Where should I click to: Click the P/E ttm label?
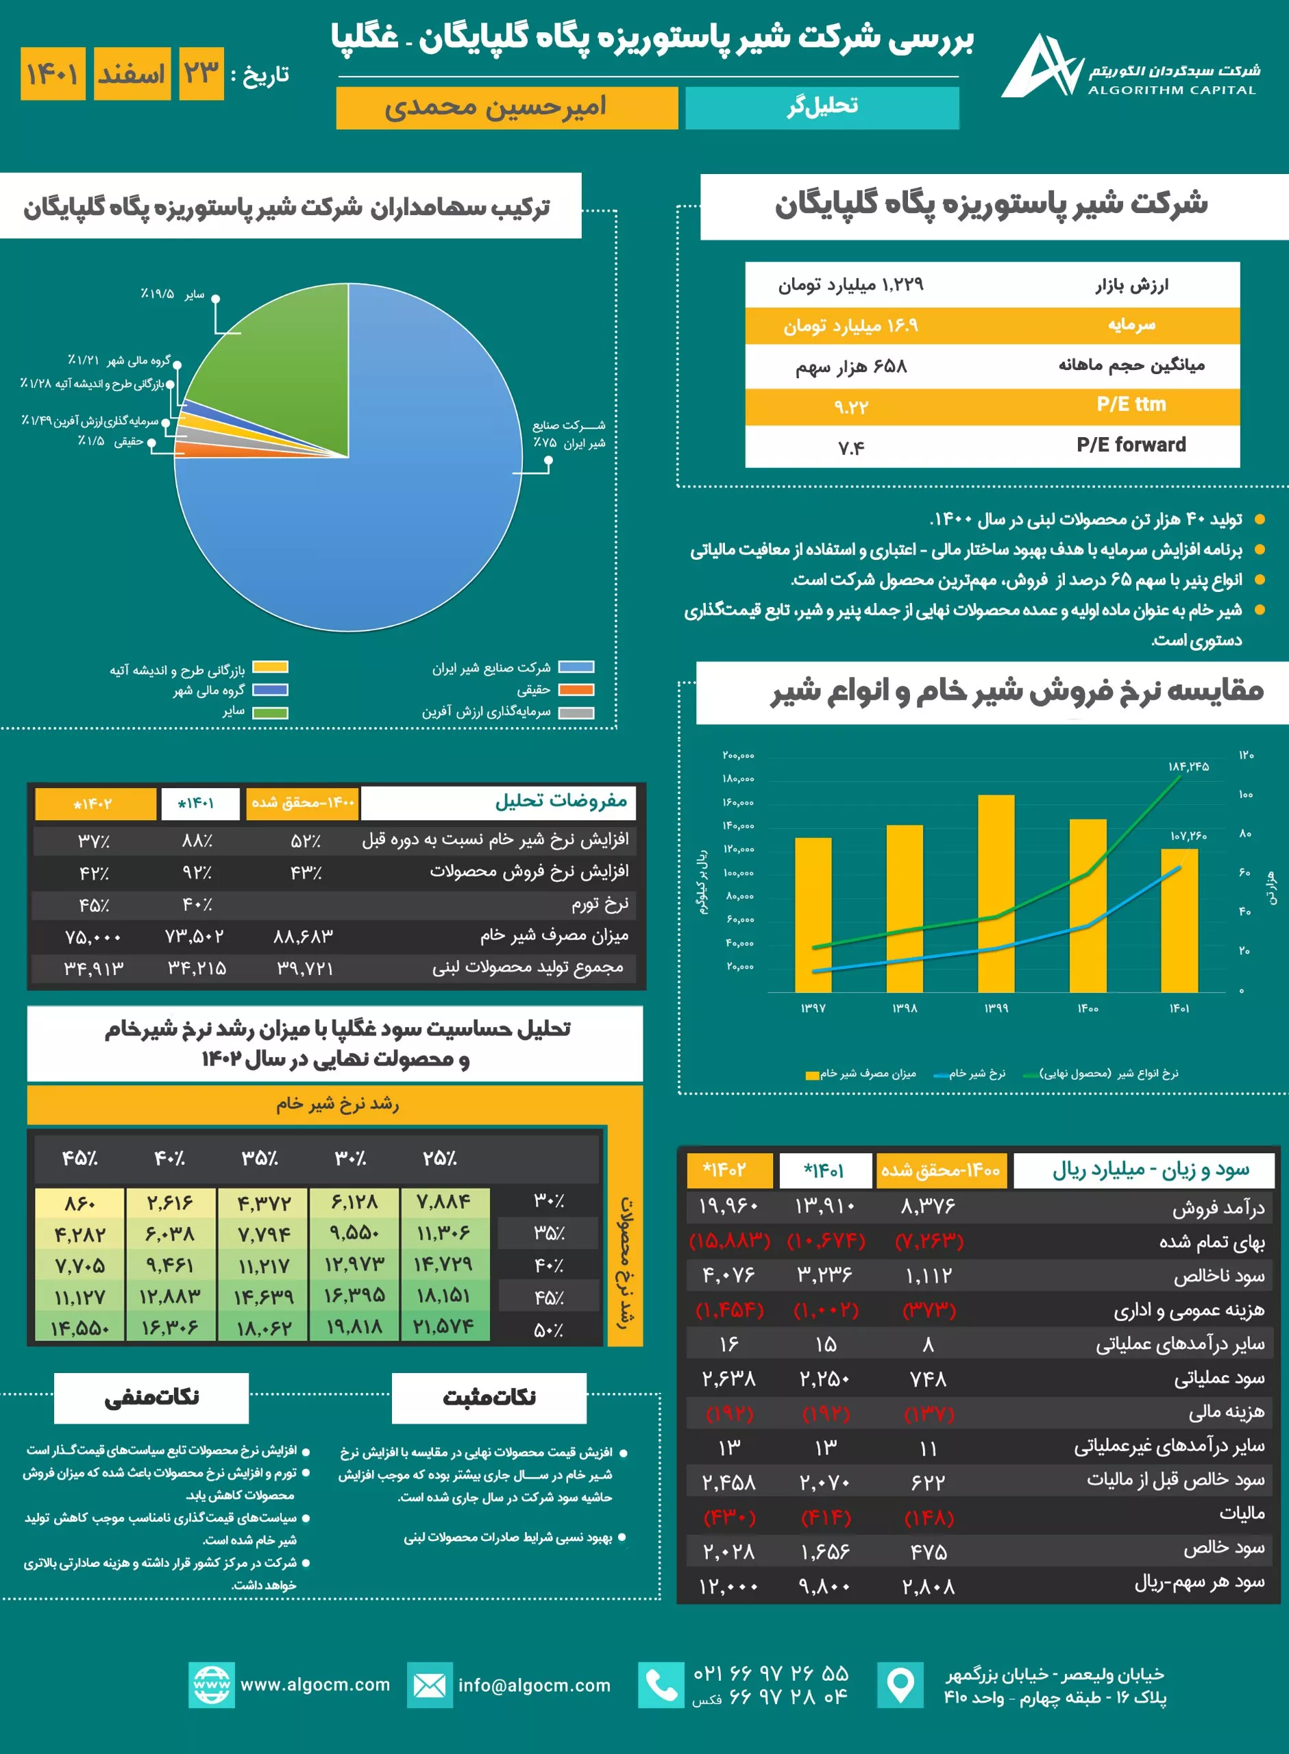(x=1131, y=404)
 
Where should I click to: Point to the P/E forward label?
(x=1131, y=445)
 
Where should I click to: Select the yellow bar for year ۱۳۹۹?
(x=996, y=893)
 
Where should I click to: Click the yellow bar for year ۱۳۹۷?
(x=813, y=915)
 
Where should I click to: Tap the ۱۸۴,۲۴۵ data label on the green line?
(x=1188, y=767)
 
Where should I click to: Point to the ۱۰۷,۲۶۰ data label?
(x=1188, y=836)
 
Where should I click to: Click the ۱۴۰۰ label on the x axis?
(x=1088, y=1009)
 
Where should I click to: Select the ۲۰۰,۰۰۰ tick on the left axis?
(x=738, y=755)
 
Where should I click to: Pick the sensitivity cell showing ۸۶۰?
(x=79, y=1203)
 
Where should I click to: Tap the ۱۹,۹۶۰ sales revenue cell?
(x=728, y=1207)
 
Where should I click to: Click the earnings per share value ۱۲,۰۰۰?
(x=728, y=1586)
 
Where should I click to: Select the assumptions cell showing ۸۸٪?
(x=197, y=841)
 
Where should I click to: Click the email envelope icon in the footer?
(x=430, y=1685)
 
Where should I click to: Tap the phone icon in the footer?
(x=661, y=1685)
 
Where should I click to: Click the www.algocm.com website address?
(x=315, y=1684)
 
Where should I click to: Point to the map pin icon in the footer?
(x=900, y=1685)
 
